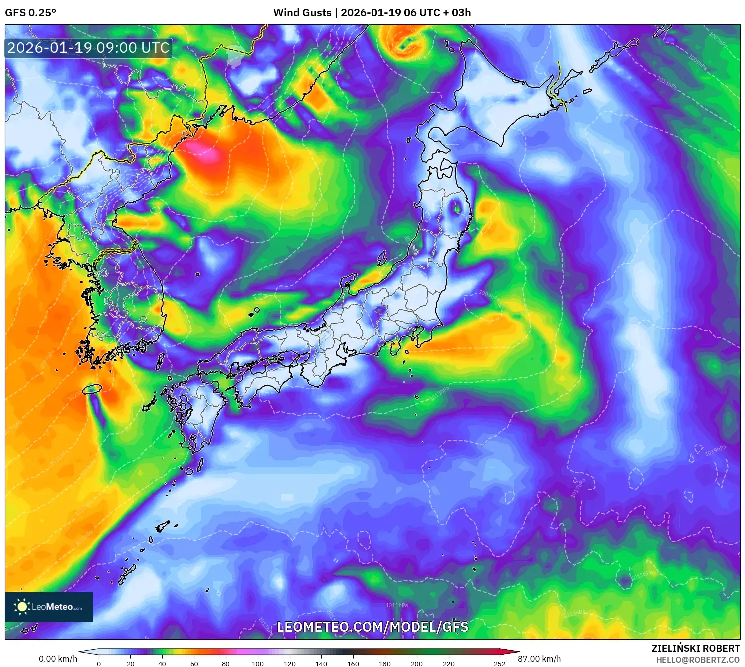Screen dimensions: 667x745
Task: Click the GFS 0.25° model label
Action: (x=30, y=13)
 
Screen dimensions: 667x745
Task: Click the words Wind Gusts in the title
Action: (x=302, y=13)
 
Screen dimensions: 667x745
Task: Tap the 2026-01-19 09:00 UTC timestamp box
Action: (x=88, y=48)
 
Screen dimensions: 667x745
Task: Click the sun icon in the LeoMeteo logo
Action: (x=22, y=607)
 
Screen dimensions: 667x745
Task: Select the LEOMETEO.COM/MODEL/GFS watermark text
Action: (x=372, y=627)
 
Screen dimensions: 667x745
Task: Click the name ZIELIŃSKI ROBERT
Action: (x=696, y=648)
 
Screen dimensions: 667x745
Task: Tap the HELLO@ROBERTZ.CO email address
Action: (x=698, y=660)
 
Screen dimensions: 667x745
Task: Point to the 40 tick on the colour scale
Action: (x=162, y=663)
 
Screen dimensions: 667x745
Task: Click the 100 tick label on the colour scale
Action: (x=257, y=663)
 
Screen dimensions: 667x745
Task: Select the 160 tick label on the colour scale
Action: (x=353, y=663)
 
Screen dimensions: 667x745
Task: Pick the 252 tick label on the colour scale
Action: (x=500, y=663)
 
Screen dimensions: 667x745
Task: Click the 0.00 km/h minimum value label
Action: (x=58, y=659)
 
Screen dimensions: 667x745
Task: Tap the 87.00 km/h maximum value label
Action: (x=539, y=659)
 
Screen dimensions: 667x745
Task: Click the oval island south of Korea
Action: (x=92, y=388)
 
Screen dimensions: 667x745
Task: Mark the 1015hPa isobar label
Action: (x=643, y=574)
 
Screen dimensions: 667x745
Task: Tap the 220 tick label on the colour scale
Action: (x=449, y=663)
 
